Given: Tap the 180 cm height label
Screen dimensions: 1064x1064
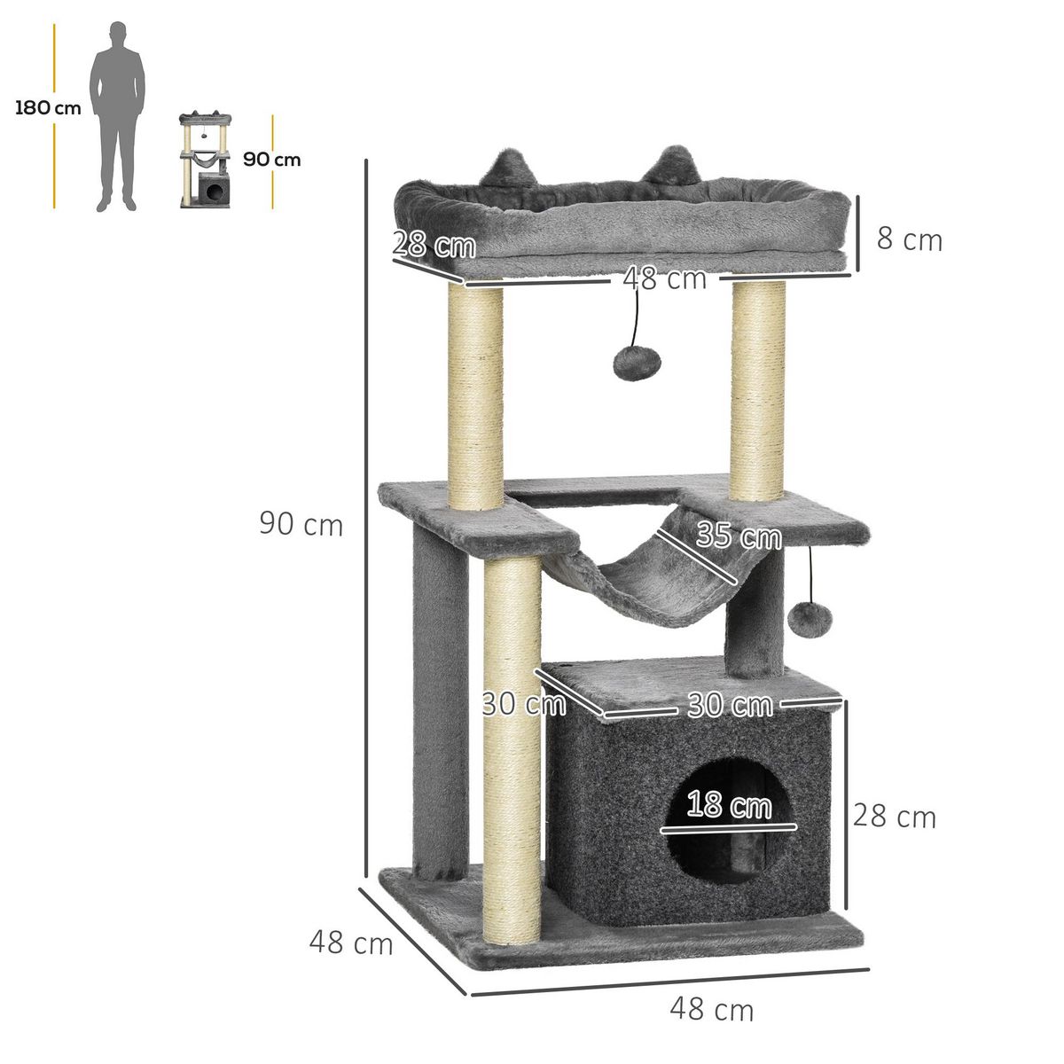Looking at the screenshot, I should pos(48,108).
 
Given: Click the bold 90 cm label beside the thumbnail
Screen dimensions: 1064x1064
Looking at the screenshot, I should pos(272,160).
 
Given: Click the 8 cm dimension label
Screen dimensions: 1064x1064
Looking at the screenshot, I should pos(909,239).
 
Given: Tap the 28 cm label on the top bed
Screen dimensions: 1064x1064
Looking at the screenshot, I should pos(434,245).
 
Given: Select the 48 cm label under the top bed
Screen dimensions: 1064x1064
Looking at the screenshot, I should pos(664,279).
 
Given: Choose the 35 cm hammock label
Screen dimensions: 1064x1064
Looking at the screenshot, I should pos(739,536).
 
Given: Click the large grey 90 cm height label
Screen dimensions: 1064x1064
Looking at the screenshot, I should pos(301,524).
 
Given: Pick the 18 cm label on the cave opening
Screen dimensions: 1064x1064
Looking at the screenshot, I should pos(729,806).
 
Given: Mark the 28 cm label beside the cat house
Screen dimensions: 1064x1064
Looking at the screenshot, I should pos(894,817).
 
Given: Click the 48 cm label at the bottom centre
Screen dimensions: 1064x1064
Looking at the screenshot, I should pos(711,1009).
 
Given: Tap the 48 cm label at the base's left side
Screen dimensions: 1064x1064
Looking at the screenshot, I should pos(350,943).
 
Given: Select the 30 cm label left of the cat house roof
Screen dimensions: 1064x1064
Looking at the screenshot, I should pos(524,704).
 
